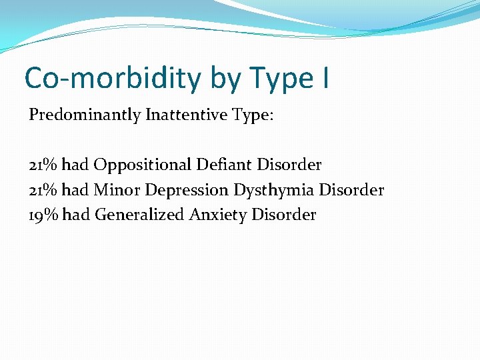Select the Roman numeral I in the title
[x=324, y=78]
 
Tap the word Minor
[x=117, y=190]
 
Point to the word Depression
[x=187, y=191]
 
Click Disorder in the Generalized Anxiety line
[x=285, y=215]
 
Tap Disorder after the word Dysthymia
[x=351, y=190]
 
